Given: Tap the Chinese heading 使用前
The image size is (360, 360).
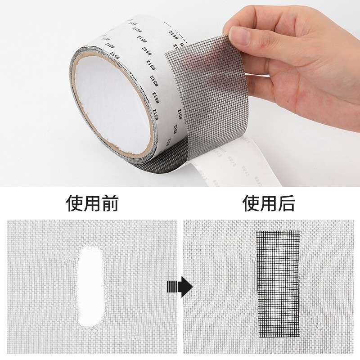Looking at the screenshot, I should point(92,203).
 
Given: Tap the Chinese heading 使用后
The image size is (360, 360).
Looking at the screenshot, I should point(269,203).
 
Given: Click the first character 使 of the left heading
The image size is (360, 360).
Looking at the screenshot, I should point(75,203).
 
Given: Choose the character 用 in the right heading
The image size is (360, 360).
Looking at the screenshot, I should point(269,203).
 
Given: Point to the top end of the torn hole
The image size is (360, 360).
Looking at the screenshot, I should point(93,248).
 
